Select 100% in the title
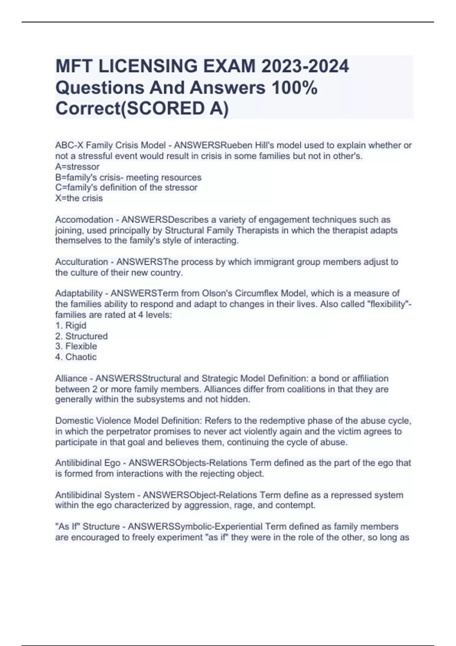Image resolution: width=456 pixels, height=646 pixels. (294, 87)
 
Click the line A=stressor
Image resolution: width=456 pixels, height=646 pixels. (77, 166)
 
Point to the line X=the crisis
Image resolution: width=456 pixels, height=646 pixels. (79, 198)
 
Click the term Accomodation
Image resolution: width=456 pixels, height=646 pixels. (84, 220)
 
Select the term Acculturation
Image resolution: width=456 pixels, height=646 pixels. (82, 262)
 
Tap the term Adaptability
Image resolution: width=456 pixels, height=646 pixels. (79, 293)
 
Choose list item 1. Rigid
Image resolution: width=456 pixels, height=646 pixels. (71, 325)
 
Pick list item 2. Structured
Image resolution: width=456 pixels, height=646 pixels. (81, 336)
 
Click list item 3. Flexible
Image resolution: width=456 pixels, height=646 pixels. (76, 346)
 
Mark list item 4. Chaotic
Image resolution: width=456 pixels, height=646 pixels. (76, 357)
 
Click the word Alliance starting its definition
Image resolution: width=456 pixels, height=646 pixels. (71, 378)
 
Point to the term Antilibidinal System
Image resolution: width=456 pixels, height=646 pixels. (95, 495)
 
